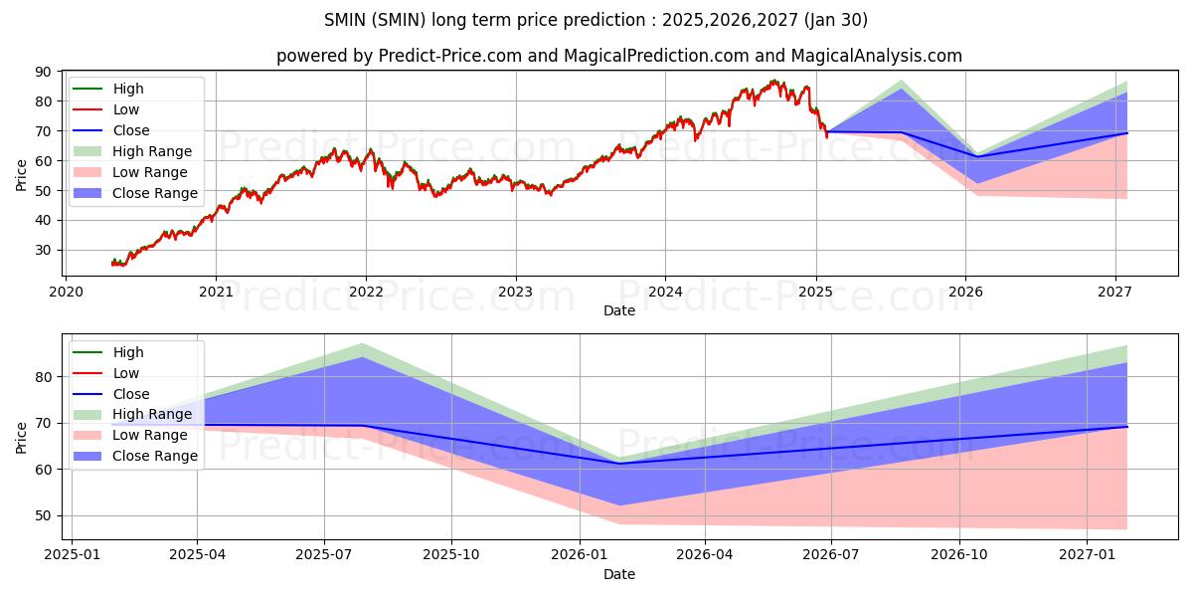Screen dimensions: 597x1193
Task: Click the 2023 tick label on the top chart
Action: pyautogui.click(x=515, y=292)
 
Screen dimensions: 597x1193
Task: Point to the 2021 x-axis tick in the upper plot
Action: pyautogui.click(x=216, y=292)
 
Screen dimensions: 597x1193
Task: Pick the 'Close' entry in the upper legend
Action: pyautogui.click(x=131, y=130)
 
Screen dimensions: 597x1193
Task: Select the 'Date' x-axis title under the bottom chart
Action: pyautogui.click(x=619, y=574)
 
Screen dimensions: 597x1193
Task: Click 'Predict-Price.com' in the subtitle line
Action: pyautogui.click(x=450, y=56)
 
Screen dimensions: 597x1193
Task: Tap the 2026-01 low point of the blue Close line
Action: pyautogui.click(x=618, y=464)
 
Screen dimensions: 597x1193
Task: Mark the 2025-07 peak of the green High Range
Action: pyautogui.click(x=363, y=343)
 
